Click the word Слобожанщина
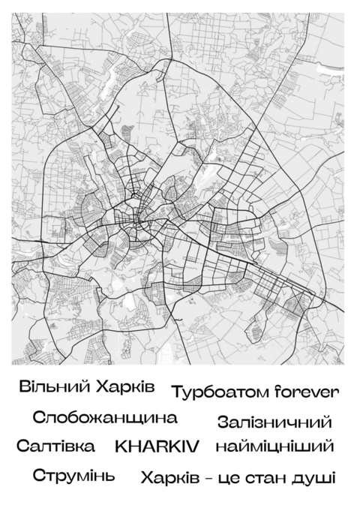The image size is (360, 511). pos(105,418)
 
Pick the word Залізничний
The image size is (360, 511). pos(274,422)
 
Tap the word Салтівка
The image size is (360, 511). pos(56,446)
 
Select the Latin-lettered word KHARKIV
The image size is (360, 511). pos(157,446)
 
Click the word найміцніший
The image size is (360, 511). pos(274,446)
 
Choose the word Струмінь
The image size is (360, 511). pos(73,476)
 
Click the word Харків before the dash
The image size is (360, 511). pos(169,478)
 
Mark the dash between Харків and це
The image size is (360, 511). pos(208,478)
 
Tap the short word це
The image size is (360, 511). pos(228,479)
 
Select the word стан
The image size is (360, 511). pos(263,478)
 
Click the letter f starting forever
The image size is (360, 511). pos(277,391)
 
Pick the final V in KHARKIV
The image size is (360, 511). pos(193,446)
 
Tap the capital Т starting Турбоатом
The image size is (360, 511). pos(177,392)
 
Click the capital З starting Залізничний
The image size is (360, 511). pos(222,422)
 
